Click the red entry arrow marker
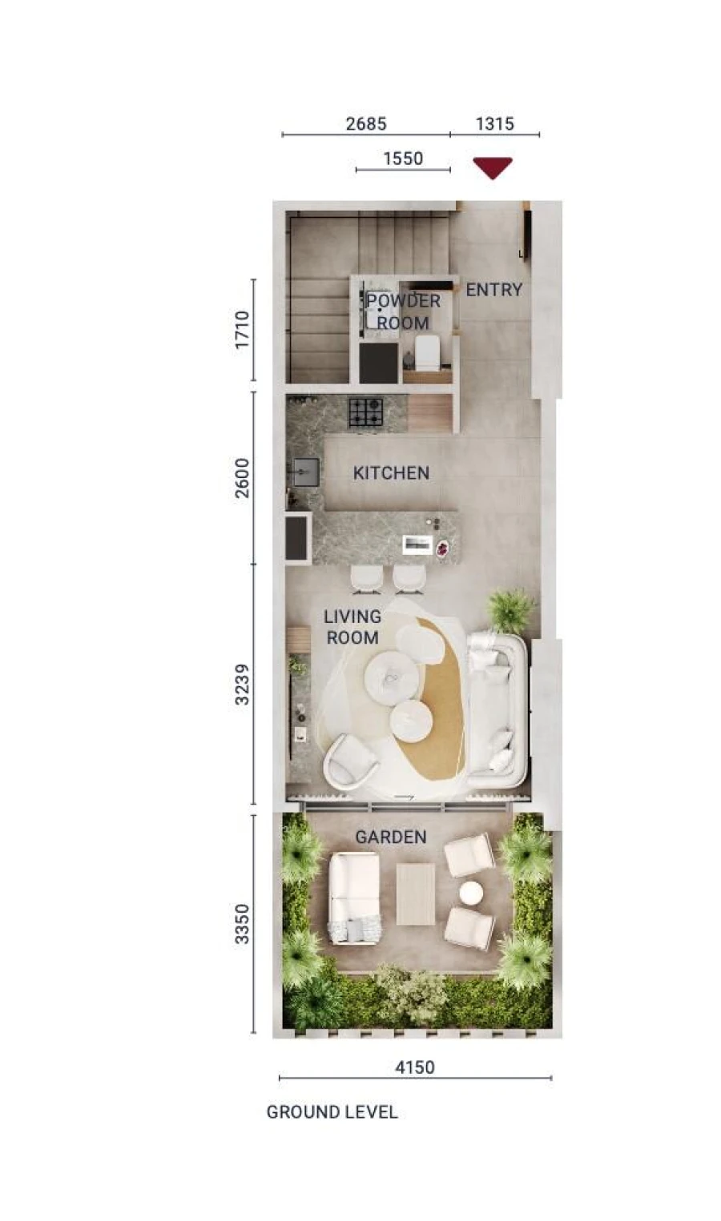tap(492, 167)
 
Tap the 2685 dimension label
tap(365, 124)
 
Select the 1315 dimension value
tap(494, 124)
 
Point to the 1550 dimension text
tap(402, 159)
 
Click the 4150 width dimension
tap(415, 1067)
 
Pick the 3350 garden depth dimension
tap(243, 924)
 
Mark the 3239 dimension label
tap(243, 685)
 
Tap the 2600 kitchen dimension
tap(243, 478)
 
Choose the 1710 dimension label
tap(243, 330)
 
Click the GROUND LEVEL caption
tap(332, 1112)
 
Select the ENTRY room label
tap(493, 290)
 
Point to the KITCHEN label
tap(391, 473)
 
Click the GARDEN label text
tap(390, 837)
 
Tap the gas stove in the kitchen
tap(365, 412)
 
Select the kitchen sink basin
tap(305, 472)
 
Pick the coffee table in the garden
tap(415, 894)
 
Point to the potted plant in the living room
tap(511, 610)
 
